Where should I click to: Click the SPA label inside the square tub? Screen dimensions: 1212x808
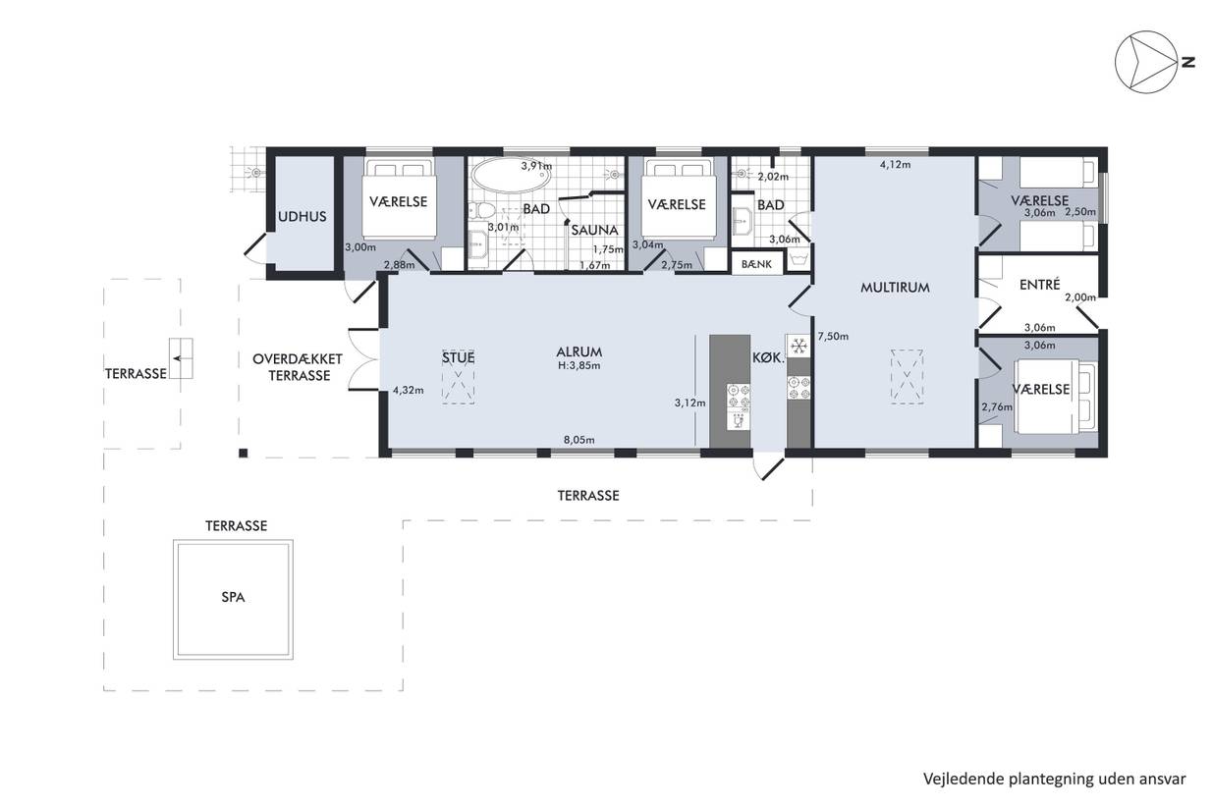click(233, 597)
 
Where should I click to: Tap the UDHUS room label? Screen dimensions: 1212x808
click(302, 216)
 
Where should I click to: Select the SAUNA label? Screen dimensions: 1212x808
click(594, 230)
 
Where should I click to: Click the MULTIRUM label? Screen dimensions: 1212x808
click(895, 288)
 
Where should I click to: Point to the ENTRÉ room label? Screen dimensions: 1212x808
click(1039, 284)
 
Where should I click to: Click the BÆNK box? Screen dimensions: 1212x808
click(756, 264)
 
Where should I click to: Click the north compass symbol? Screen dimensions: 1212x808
click(1151, 62)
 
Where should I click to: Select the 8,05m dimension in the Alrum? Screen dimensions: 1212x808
click(578, 440)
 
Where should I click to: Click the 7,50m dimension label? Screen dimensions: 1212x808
click(833, 336)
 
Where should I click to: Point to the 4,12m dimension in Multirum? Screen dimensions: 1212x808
click(895, 164)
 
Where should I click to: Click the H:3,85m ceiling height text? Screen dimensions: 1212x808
click(578, 365)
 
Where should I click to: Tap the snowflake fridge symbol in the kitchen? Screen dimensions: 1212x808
click(799, 345)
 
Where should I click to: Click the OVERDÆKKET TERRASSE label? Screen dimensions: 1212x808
click(299, 367)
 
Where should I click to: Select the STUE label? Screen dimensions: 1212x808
click(459, 357)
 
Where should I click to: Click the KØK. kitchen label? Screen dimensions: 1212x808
click(768, 357)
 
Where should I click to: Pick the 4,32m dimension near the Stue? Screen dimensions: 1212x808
click(408, 390)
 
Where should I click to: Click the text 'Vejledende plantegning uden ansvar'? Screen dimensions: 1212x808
click(1055, 779)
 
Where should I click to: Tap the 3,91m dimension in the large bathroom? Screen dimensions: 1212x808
click(536, 166)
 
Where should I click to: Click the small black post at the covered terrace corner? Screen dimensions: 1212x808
click(243, 454)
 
